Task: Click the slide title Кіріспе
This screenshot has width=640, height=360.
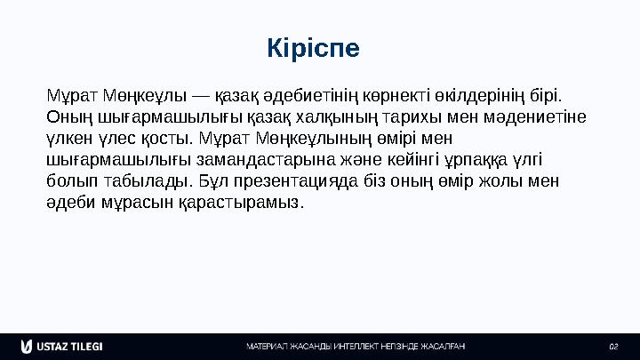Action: (x=313, y=47)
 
